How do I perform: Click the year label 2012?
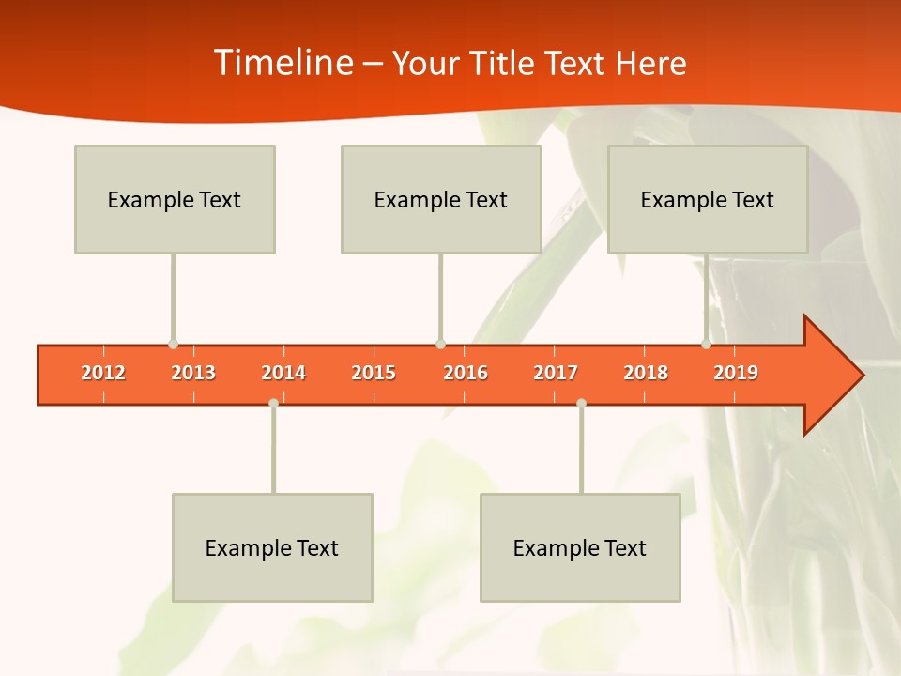103,373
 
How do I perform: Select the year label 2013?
193,373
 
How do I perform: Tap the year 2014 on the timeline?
283,373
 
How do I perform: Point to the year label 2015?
374,373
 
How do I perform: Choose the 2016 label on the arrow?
466,373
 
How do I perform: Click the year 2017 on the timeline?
556,373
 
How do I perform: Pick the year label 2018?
646,373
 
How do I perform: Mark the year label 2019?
736,373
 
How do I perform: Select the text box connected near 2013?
175,199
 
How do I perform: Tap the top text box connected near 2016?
441,199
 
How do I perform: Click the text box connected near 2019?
708,199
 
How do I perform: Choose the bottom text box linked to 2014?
272,547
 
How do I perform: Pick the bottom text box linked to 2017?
580,547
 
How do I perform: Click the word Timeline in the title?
283,63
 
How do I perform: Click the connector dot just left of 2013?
173,345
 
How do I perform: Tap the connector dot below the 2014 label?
273,403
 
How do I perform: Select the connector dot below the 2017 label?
581,403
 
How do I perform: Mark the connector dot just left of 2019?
707,345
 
